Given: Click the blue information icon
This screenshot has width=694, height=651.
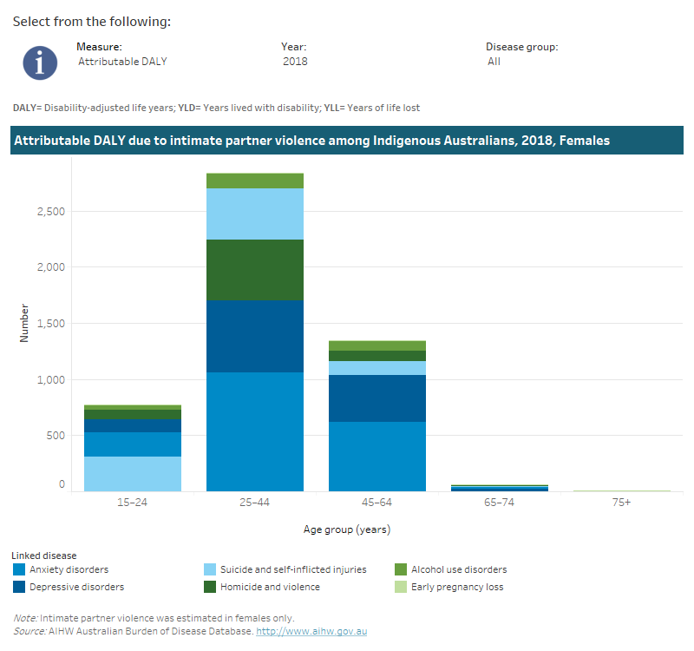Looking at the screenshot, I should (x=40, y=62).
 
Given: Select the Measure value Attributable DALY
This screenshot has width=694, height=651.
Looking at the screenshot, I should (x=121, y=62).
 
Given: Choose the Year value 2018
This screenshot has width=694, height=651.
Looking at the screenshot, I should (x=295, y=62).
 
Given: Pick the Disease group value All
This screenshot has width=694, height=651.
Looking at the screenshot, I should (x=494, y=62).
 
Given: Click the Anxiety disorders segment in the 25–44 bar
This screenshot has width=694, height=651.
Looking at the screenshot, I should (x=254, y=431).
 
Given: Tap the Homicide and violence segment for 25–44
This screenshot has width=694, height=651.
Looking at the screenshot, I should (x=254, y=270).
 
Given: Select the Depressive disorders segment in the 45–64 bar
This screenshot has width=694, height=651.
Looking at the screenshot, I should (x=376, y=398).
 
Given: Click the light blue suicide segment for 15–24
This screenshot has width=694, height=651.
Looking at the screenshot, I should (x=132, y=473).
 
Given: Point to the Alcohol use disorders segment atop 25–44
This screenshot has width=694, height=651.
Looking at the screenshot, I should (x=254, y=181).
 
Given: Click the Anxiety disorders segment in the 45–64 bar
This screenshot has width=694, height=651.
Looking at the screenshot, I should (x=376, y=456).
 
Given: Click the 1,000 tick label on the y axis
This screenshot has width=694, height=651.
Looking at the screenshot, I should (x=50, y=380).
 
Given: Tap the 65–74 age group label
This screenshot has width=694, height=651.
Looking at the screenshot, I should (x=499, y=503).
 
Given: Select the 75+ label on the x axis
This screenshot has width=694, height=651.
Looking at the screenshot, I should (x=621, y=503).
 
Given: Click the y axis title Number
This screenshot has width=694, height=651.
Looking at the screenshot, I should (x=24, y=322).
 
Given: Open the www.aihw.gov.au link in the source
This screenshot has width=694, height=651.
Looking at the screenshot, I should (x=311, y=631).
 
